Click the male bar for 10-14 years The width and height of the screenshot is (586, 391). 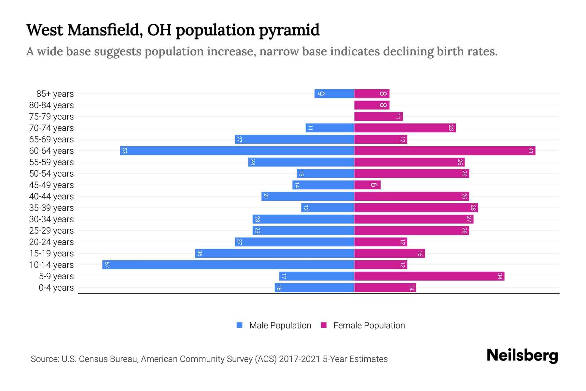(x=228, y=265)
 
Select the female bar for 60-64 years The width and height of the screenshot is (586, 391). (x=444, y=151)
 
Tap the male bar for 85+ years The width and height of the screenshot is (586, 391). (x=334, y=94)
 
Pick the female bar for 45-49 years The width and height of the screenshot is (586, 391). (x=367, y=185)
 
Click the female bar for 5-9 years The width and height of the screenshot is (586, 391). (x=429, y=276)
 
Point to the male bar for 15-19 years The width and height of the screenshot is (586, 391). (x=274, y=253)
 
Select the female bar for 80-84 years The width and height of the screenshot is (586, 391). (x=372, y=105)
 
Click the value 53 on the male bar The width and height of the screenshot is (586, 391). (x=124, y=151)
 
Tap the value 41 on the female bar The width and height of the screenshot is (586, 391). (x=531, y=151)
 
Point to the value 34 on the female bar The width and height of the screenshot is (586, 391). (x=500, y=276)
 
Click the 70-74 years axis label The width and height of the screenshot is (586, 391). (x=51, y=128)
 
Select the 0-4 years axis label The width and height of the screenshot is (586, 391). (x=56, y=287)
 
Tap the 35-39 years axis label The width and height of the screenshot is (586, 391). (x=51, y=208)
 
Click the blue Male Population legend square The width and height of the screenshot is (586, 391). (x=240, y=325)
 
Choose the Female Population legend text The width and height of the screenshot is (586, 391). (x=369, y=325)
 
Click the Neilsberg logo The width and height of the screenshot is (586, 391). (x=522, y=355)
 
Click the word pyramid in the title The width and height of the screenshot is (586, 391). (x=289, y=30)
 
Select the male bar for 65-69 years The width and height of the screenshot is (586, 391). (x=294, y=139)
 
